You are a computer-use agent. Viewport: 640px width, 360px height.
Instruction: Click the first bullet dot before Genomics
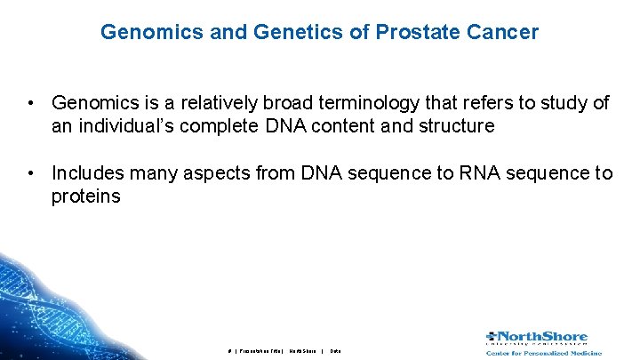point(31,104)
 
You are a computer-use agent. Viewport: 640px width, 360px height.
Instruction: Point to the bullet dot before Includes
point(31,173)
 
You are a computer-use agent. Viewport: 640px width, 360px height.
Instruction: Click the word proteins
point(85,196)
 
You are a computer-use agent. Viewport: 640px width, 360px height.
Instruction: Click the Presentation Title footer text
point(261,351)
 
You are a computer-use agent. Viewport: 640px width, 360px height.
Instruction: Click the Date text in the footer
point(335,351)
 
